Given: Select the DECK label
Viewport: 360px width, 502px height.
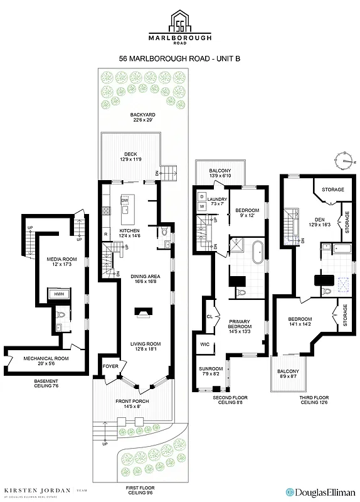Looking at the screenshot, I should click(130, 154).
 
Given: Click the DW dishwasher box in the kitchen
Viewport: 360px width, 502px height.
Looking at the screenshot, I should click(124, 201).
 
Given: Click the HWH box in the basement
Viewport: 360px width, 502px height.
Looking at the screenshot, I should click(60, 294).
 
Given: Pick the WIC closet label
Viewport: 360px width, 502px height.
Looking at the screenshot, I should click(205, 344).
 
